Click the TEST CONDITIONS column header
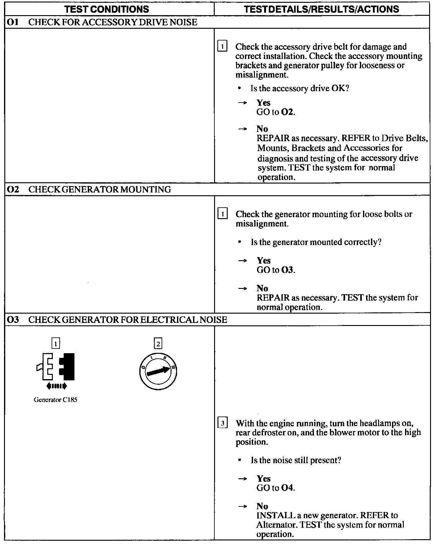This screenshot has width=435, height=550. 107,9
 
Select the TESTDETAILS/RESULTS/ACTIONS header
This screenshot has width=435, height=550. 321,9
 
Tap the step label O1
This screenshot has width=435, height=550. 13,22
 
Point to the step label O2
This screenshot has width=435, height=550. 13,189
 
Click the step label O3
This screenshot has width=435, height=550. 13,319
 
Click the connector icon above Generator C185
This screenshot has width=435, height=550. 56,366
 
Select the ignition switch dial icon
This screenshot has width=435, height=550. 158,371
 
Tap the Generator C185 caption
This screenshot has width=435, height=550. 55,400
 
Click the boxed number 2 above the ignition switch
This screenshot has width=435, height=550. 158,344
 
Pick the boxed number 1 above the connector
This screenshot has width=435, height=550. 56,344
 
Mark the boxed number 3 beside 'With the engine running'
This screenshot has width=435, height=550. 222,423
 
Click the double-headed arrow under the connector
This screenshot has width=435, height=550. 56,386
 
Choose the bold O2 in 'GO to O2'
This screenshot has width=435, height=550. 287,112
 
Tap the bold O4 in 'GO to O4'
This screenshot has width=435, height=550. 287,488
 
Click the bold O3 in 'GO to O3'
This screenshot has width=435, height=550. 287,270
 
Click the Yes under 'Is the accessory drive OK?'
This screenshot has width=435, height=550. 263,103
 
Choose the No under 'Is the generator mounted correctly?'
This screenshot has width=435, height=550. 262,288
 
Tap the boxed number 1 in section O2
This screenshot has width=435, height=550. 222,214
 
